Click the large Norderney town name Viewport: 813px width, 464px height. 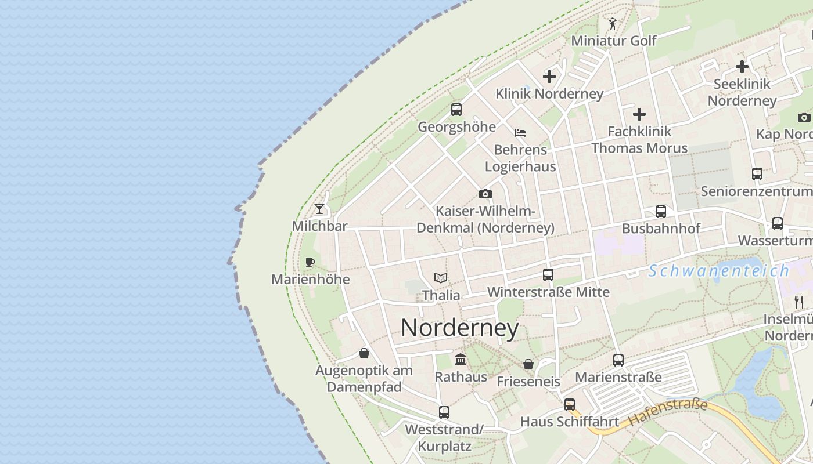(459, 328)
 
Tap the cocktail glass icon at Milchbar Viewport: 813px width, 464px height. (319, 209)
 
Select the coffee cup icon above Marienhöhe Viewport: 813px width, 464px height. (310, 262)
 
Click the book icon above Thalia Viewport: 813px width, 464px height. (441, 278)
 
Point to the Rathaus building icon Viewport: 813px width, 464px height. (461, 360)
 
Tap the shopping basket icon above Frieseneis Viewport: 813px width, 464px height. (528, 364)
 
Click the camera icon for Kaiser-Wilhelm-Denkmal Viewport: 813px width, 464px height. (485, 194)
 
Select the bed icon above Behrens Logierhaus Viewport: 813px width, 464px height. (520, 133)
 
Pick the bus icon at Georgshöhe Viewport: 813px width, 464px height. (456, 109)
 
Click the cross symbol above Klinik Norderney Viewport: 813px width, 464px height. (549, 77)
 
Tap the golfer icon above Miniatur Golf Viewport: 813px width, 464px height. (613, 24)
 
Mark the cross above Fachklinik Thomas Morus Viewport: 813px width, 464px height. (639, 114)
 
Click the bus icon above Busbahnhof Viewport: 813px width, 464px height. (661, 212)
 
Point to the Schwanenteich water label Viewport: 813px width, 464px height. (719, 271)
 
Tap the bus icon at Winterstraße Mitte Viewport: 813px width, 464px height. (548, 275)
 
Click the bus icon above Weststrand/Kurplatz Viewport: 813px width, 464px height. (444, 412)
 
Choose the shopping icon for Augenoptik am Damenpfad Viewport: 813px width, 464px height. (364, 353)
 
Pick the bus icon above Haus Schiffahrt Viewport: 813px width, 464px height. (570, 405)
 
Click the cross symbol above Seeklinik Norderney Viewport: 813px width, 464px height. (742, 67)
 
